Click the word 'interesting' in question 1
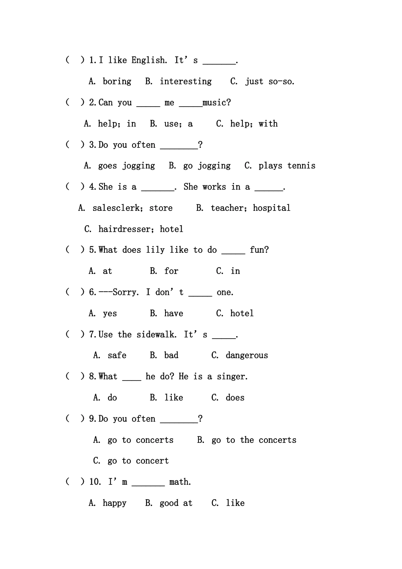click(x=185, y=81)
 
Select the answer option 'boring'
click(x=117, y=81)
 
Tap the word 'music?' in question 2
click(x=217, y=102)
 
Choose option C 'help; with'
click(x=253, y=124)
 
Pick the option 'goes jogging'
click(x=126, y=166)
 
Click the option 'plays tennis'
click(x=286, y=166)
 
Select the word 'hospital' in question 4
click(x=272, y=208)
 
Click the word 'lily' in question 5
click(x=155, y=250)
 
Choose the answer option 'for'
click(x=171, y=271)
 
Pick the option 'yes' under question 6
click(x=110, y=313)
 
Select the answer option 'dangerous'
click(x=247, y=355)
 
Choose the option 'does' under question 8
click(x=235, y=398)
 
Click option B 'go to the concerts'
click(x=254, y=440)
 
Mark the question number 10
click(x=95, y=482)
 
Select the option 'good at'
click(x=176, y=503)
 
